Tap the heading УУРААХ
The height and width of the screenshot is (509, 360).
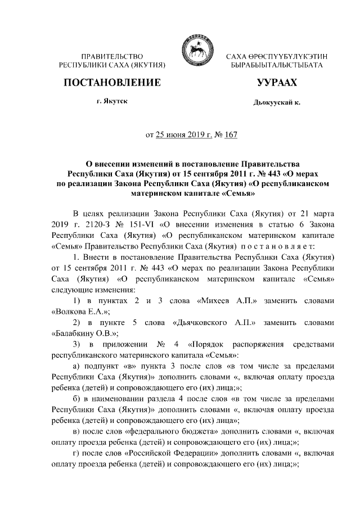[276, 83]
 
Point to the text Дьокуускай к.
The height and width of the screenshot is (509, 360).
[277, 103]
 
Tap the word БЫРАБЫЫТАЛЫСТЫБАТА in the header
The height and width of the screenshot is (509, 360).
[276, 66]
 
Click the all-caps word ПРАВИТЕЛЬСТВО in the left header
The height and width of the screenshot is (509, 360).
[111, 57]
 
